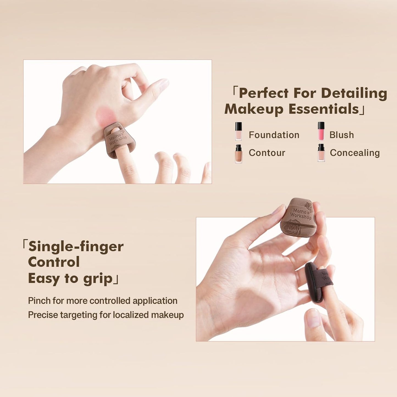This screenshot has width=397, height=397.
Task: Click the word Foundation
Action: point(274,135)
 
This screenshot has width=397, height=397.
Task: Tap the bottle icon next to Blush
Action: point(321,131)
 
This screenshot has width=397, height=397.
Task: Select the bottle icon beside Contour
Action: point(238,154)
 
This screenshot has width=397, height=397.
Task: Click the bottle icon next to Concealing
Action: point(321,153)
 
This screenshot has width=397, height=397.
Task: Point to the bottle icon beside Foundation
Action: point(238,131)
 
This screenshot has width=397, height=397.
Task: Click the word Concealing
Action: point(355,153)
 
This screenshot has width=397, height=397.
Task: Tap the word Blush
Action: point(342,135)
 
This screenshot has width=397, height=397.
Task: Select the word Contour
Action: point(267,153)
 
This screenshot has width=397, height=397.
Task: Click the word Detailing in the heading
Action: point(354,93)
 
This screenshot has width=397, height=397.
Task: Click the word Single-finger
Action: point(76,246)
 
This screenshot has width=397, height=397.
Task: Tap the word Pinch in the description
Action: point(39,301)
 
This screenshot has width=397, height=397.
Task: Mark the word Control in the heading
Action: point(54,262)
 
